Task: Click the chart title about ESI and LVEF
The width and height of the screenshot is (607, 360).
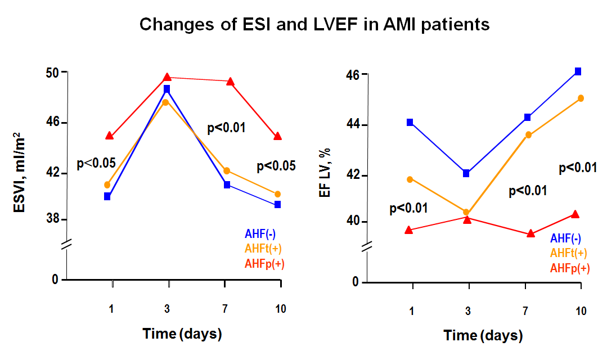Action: (x=314, y=24)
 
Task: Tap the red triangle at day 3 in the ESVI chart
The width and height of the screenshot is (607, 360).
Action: (x=167, y=77)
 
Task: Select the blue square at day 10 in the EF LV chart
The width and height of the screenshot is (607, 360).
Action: (x=578, y=71)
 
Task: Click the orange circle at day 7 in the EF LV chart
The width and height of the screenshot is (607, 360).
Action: (x=528, y=135)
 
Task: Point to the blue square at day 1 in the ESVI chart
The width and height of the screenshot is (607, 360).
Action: (x=107, y=197)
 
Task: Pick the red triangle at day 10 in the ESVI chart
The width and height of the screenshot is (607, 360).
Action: (x=277, y=136)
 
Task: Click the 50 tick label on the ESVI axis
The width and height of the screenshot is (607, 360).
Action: (x=53, y=73)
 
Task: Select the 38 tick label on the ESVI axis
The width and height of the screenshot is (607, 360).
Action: (x=53, y=219)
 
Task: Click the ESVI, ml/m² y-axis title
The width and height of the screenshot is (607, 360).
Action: (x=19, y=173)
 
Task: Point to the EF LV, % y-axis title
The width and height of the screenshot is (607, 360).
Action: (x=325, y=173)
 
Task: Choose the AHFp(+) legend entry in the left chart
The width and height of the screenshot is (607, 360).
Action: (x=264, y=264)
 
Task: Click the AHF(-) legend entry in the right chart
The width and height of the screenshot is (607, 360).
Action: (x=565, y=238)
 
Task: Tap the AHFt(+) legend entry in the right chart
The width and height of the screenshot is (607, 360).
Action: (x=569, y=253)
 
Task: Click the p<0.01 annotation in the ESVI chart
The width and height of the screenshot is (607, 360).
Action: (x=227, y=128)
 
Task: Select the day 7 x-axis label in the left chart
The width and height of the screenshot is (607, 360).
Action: (x=225, y=308)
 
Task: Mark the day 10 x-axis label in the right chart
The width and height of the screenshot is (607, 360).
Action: (x=581, y=311)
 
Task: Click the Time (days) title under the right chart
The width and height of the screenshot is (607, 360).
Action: (x=483, y=335)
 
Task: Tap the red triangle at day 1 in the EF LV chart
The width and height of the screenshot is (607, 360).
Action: (x=409, y=230)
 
